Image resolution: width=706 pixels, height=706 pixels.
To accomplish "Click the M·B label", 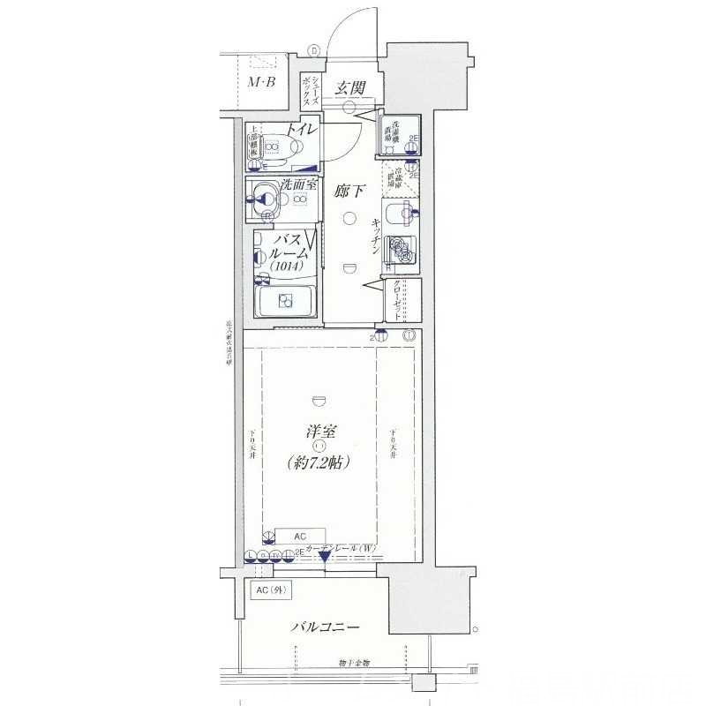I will pyautogui.click(x=261, y=83).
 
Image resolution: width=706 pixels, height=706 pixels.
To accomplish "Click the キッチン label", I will pyautogui.click(x=376, y=236).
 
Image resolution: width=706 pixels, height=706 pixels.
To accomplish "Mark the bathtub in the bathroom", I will pyautogui.click(x=286, y=300).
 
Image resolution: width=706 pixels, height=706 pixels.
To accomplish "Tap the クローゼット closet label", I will pyautogui.click(x=398, y=300).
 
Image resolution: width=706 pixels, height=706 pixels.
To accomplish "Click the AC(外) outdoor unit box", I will pyautogui.click(x=269, y=590).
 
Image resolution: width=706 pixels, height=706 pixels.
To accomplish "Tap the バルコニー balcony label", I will pyautogui.click(x=327, y=627).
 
